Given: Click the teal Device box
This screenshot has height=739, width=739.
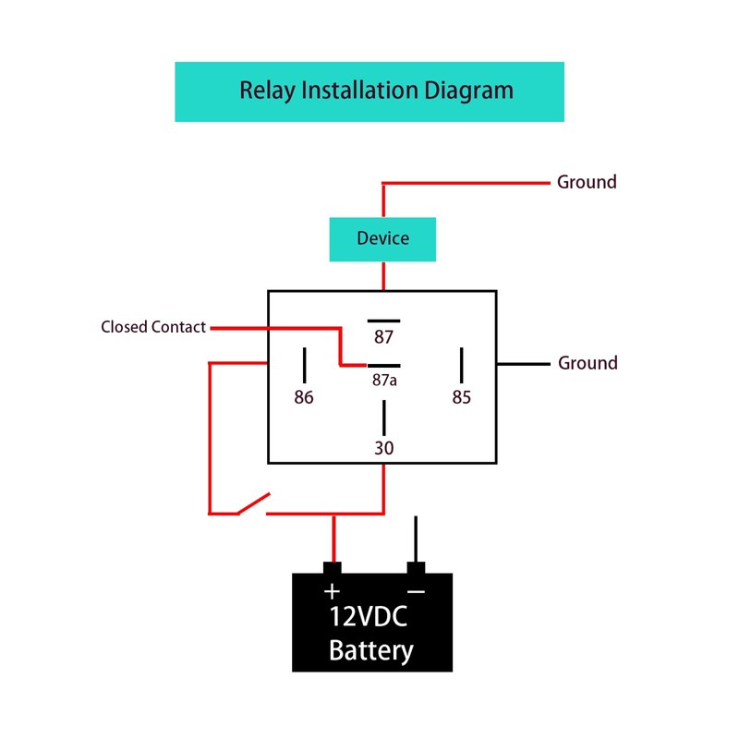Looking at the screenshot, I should (382, 239).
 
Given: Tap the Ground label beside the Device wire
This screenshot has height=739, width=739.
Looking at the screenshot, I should (587, 182).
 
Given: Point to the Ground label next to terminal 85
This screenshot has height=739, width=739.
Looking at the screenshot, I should (588, 363).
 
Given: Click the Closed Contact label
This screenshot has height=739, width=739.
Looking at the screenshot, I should (153, 327).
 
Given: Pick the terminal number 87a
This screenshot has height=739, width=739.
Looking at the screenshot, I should (383, 380).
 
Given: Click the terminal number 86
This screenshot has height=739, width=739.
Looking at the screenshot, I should (304, 398).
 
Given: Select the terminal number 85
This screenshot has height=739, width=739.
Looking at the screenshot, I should (461, 398).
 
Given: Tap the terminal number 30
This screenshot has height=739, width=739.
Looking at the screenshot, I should (383, 448).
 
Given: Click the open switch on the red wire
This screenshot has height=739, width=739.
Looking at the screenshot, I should (252, 504).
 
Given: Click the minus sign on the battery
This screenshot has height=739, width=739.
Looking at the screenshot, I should (417, 592).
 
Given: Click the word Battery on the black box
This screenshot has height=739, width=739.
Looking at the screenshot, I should (371, 650).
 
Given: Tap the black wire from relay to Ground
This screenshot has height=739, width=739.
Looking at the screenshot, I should (523, 363).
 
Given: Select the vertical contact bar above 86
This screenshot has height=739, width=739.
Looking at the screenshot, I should (304, 364).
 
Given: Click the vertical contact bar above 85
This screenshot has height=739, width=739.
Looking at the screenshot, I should (461, 364).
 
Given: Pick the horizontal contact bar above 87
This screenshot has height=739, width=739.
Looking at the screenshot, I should (383, 320).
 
